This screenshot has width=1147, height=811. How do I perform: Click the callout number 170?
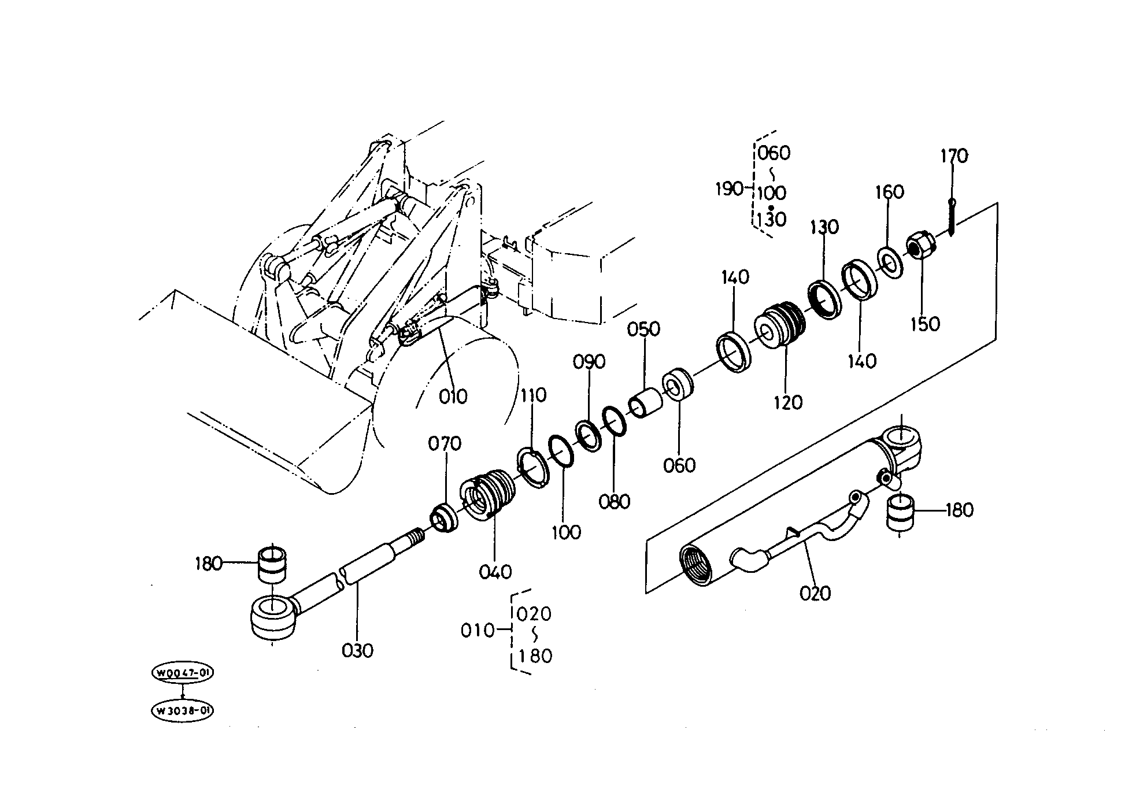954,155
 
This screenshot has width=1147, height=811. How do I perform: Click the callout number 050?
643,329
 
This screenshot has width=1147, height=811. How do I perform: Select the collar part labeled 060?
678,383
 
